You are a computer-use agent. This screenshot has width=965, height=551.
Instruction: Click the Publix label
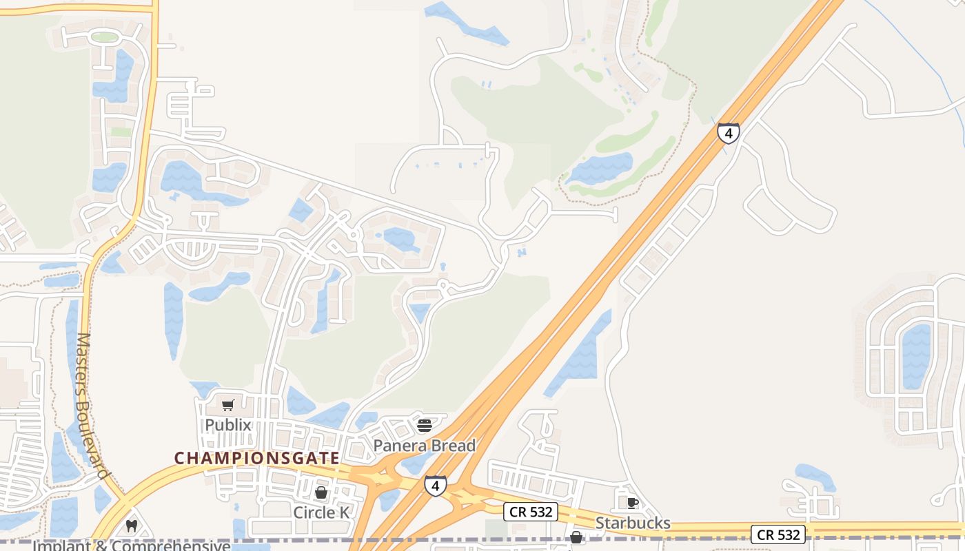pos(228,425)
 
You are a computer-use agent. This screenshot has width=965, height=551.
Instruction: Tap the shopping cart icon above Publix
pos(228,405)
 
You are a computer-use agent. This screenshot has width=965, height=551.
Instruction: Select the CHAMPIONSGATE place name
pos(256,458)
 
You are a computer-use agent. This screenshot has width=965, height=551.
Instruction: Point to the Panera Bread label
pos(425,446)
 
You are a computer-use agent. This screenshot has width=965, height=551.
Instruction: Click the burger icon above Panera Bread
pos(425,425)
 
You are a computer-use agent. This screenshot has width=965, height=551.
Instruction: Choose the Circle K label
pos(321,512)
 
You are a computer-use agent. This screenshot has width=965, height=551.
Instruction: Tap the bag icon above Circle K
pos(321,492)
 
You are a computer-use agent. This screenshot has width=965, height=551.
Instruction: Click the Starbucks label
pos(633,523)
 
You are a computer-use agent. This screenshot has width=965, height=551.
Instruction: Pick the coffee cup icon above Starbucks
pos(633,503)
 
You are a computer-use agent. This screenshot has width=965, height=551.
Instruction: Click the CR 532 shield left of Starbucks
pos(530,512)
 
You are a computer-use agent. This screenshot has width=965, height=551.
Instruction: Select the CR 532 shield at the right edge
pos(778,534)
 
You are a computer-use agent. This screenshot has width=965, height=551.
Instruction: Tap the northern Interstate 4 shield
pos(729,133)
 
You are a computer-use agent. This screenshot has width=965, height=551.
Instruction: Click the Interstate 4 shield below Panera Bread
pos(435,486)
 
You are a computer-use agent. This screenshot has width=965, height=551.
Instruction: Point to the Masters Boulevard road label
pos(92,406)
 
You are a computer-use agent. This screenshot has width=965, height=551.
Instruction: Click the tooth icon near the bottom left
pos(132,526)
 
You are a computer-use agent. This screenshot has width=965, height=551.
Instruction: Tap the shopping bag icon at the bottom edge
pos(576,537)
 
